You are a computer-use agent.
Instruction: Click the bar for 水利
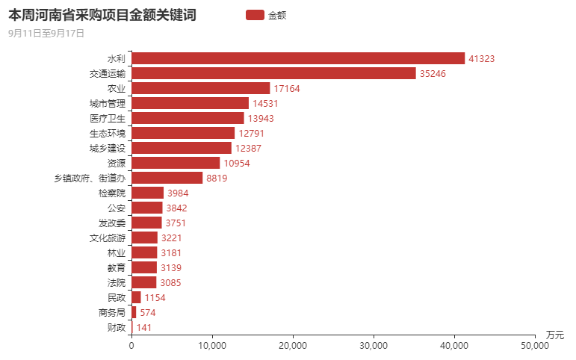point(298,58)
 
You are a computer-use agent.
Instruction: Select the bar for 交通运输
point(273,73)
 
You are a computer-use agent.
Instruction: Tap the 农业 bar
point(200,88)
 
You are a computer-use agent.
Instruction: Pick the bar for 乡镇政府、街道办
point(167,178)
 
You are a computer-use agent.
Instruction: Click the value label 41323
point(482,58)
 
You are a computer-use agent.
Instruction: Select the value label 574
point(147,312)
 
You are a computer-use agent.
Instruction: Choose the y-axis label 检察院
point(112,193)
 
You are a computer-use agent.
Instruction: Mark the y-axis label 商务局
point(112,312)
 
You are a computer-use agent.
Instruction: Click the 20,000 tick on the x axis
point(293,345)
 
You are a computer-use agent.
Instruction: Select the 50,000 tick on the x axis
point(535,345)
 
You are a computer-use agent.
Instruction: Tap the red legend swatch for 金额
point(254,14)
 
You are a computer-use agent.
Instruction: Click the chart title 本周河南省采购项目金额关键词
point(102,14)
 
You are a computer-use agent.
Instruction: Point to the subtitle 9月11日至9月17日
point(46,33)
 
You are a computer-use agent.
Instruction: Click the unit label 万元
point(554,334)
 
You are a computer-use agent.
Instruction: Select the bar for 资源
point(176,163)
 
